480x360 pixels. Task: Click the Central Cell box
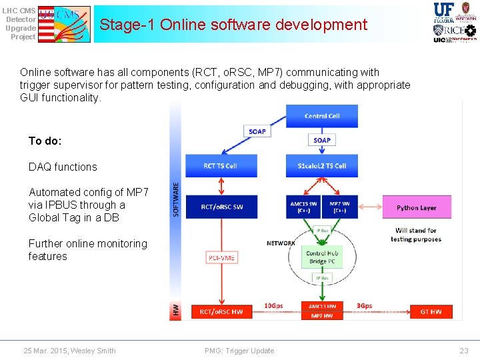tap(321, 116)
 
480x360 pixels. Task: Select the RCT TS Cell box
tap(221, 166)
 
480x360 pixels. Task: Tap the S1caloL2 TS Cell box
tap(321, 166)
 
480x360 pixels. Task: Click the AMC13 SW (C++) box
tap(304, 207)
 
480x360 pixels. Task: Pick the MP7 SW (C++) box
tap(340, 207)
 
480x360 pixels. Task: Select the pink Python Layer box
tap(416, 207)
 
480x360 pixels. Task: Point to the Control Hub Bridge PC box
tap(322, 257)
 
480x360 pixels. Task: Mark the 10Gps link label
tap(273, 306)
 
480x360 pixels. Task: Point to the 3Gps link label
tap(364, 306)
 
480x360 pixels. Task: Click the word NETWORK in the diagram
tap(281, 243)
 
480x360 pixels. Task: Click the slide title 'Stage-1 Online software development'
tap(233, 25)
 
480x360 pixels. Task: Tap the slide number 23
tap(464, 351)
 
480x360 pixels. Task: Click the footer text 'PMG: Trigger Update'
tap(240, 351)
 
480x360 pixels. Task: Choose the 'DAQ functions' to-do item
tap(63, 167)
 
